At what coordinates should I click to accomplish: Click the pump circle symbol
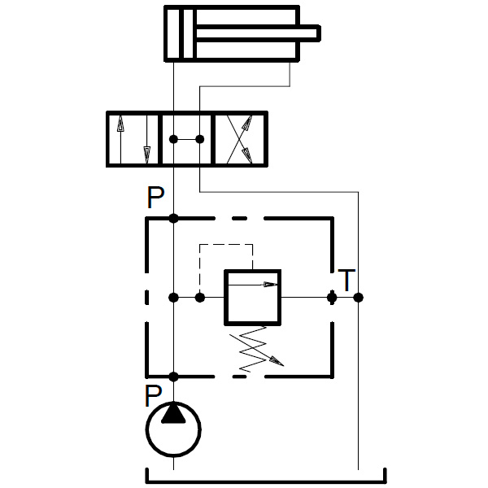(173, 430)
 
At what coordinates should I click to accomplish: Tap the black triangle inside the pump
(173, 414)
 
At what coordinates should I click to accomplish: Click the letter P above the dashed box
(155, 198)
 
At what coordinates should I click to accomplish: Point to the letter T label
(347, 281)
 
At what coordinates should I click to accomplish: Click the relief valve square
(252, 298)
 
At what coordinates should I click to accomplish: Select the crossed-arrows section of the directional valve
(239, 140)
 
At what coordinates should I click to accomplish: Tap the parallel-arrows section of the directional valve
(133, 140)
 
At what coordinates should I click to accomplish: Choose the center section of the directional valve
(186, 140)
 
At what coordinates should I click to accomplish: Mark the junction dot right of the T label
(359, 298)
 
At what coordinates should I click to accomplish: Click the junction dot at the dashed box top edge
(173, 218)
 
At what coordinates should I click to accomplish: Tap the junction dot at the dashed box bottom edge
(173, 376)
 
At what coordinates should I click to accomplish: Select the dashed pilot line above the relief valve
(226, 244)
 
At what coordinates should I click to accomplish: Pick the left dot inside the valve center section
(173, 140)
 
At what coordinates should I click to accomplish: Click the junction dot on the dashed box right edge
(332, 298)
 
